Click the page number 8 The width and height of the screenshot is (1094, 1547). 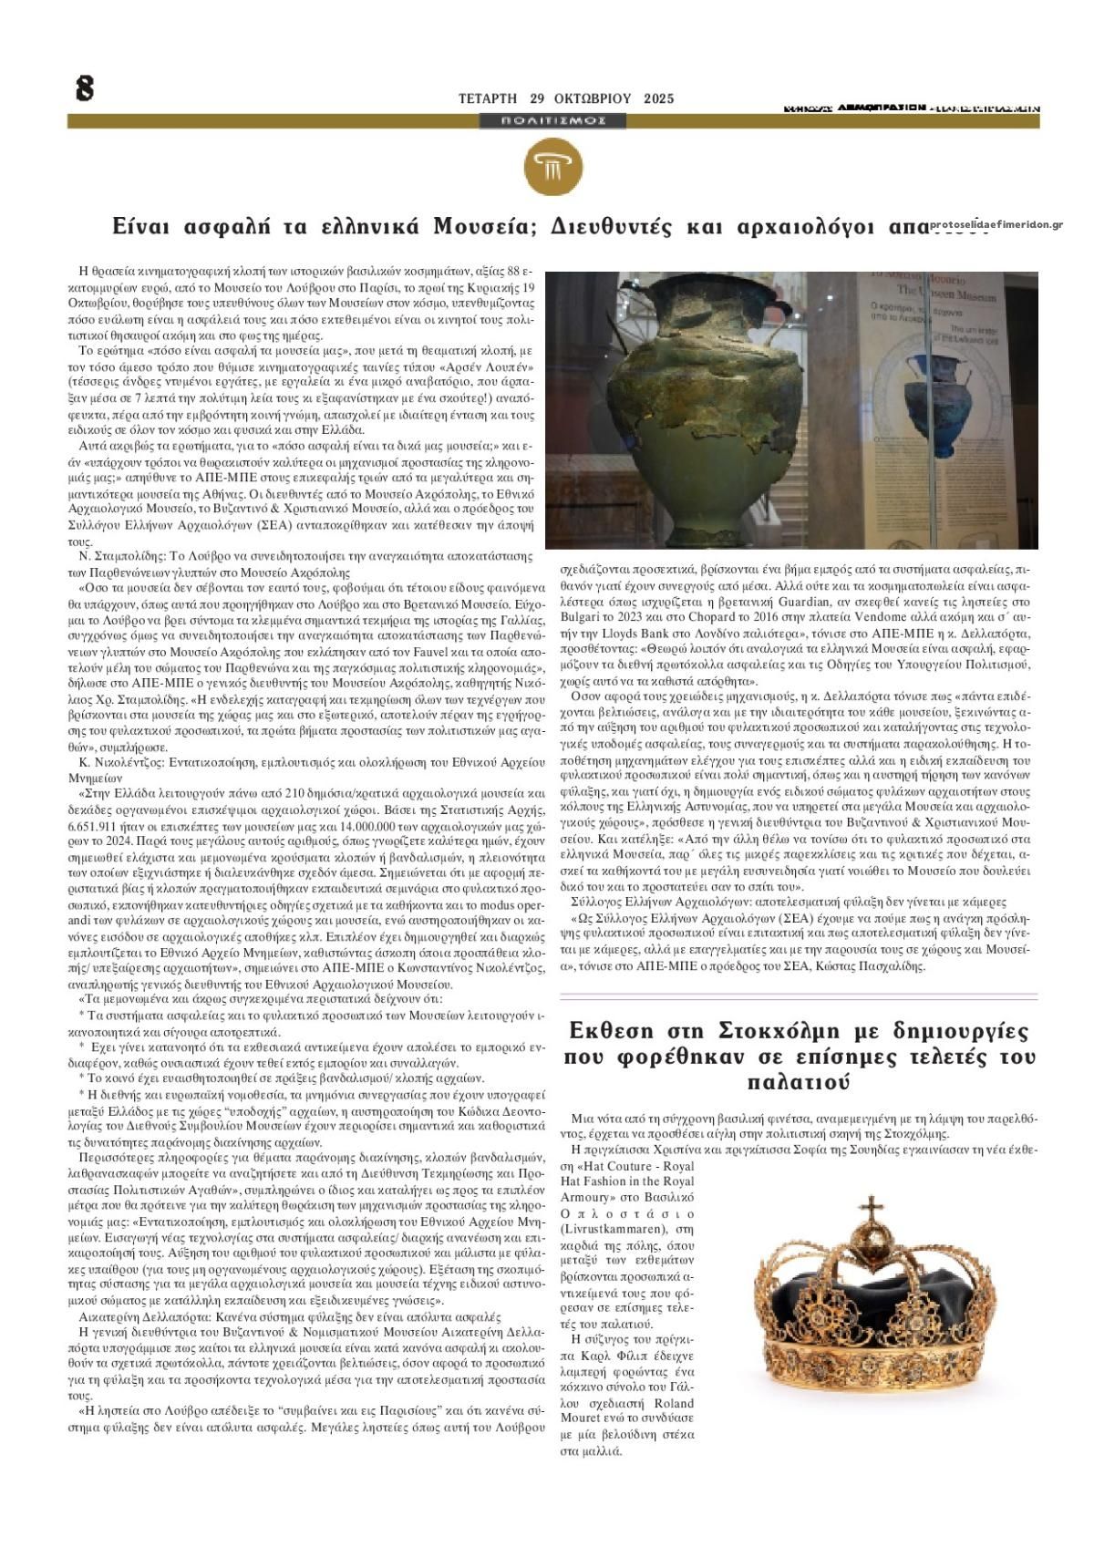pos(85,88)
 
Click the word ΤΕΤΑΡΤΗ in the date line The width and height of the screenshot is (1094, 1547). pos(487,98)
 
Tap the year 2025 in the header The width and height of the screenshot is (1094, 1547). pos(658,98)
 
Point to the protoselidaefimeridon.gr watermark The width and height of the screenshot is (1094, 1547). pos(997,224)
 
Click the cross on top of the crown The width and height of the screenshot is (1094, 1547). pos(873,1210)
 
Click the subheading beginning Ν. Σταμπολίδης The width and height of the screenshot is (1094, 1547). pos(301,555)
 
